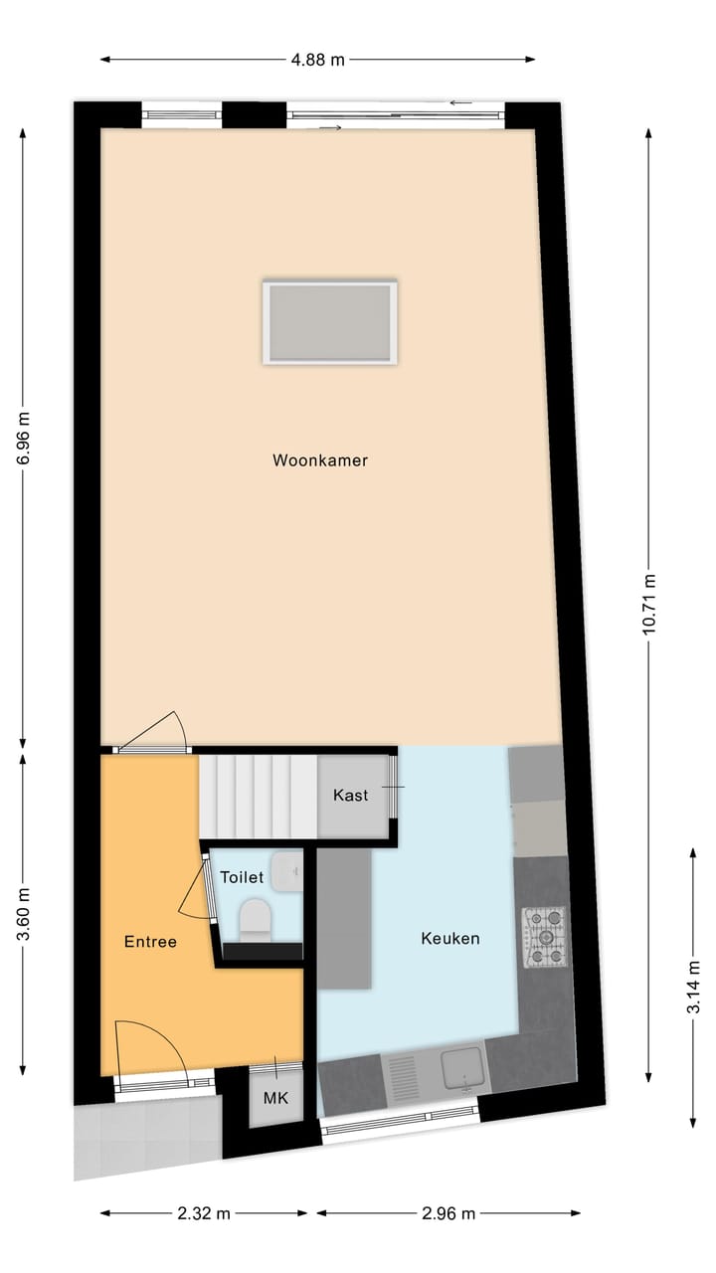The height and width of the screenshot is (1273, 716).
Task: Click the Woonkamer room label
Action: (320, 460)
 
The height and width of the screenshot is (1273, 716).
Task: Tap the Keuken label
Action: (450, 938)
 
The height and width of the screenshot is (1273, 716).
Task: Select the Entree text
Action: (150, 942)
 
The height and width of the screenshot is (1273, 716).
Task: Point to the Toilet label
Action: (242, 878)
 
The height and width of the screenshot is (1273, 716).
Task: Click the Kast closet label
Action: (350, 796)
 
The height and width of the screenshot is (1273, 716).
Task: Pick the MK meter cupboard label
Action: (275, 1099)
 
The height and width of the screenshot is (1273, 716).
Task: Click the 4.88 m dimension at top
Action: (318, 59)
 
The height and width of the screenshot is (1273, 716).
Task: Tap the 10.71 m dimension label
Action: (648, 605)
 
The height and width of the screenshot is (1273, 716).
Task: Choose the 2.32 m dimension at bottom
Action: (204, 1213)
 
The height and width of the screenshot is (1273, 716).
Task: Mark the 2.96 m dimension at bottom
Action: (448, 1213)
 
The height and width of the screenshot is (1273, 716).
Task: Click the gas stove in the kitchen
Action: (545, 937)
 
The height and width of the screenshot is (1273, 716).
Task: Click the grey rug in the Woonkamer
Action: (330, 322)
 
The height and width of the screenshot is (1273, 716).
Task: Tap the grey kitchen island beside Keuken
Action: (344, 918)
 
